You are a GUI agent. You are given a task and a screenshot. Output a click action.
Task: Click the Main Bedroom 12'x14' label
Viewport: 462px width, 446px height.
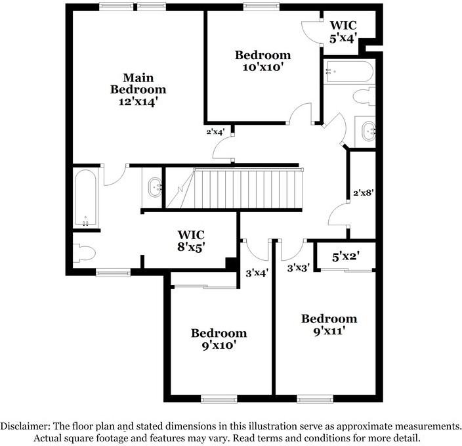coord(138,89)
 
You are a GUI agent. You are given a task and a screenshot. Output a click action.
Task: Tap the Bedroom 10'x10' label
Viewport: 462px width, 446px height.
coord(262,61)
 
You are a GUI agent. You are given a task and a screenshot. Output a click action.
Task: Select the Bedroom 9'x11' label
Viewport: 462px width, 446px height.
coord(329,324)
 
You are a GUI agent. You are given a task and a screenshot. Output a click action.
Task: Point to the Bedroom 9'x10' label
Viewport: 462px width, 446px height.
coord(219,339)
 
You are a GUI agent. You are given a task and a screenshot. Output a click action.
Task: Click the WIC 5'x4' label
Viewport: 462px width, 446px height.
coord(343,32)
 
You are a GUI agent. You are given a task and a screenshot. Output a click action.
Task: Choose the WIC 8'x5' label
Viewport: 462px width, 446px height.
coord(191,241)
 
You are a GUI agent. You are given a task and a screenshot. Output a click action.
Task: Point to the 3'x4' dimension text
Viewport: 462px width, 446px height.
coord(257,273)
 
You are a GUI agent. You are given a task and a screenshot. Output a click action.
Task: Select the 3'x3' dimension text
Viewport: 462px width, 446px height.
coord(299,267)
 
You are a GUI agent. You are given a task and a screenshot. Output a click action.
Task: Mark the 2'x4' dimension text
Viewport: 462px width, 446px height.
coord(216,131)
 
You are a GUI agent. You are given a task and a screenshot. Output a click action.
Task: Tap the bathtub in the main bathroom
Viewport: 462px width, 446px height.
coord(86,197)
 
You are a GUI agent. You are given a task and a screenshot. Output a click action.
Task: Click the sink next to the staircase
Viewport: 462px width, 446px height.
coord(156,187)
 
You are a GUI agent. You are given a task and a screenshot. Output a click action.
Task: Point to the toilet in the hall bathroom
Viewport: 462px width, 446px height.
coord(364,97)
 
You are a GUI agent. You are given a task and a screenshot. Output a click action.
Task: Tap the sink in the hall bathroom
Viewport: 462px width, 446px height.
coord(366,130)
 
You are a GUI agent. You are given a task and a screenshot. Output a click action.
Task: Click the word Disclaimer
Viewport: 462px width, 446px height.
coord(25,426)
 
